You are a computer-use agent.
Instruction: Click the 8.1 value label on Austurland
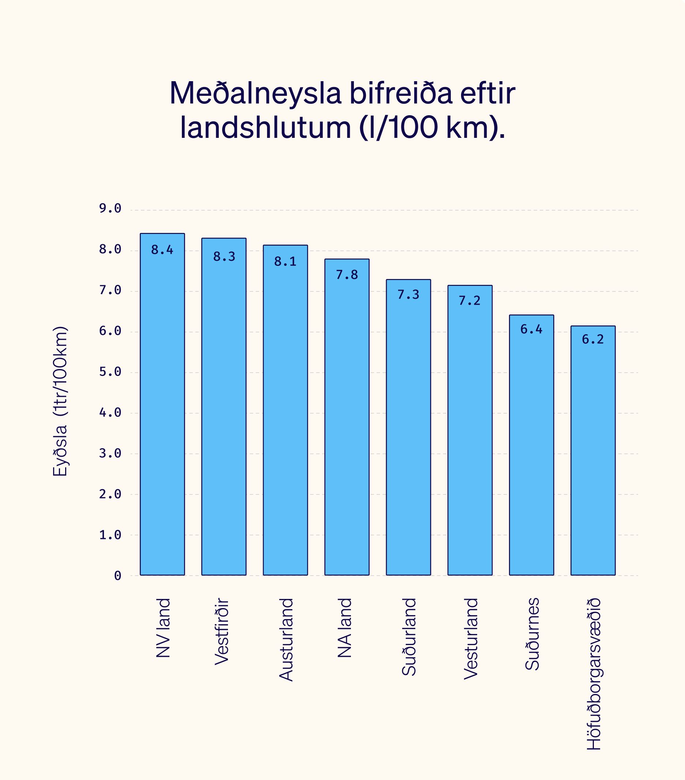coord(285,262)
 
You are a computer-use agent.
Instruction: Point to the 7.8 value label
coord(347,275)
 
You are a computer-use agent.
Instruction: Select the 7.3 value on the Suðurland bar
coord(408,295)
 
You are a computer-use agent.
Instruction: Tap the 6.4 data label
coord(531,329)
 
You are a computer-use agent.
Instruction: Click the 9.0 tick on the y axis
coord(110,208)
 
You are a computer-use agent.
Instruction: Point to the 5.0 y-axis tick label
coord(110,372)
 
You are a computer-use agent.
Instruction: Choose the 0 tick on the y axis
coord(117,576)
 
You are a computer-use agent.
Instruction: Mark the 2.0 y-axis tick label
coord(110,494)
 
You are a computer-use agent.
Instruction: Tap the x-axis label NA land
coord(345,628)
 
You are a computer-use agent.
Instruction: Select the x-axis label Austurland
coord(286,640)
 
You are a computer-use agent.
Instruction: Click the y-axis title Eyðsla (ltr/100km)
coord(60,401)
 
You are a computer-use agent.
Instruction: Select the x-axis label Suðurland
coord(409,637)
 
